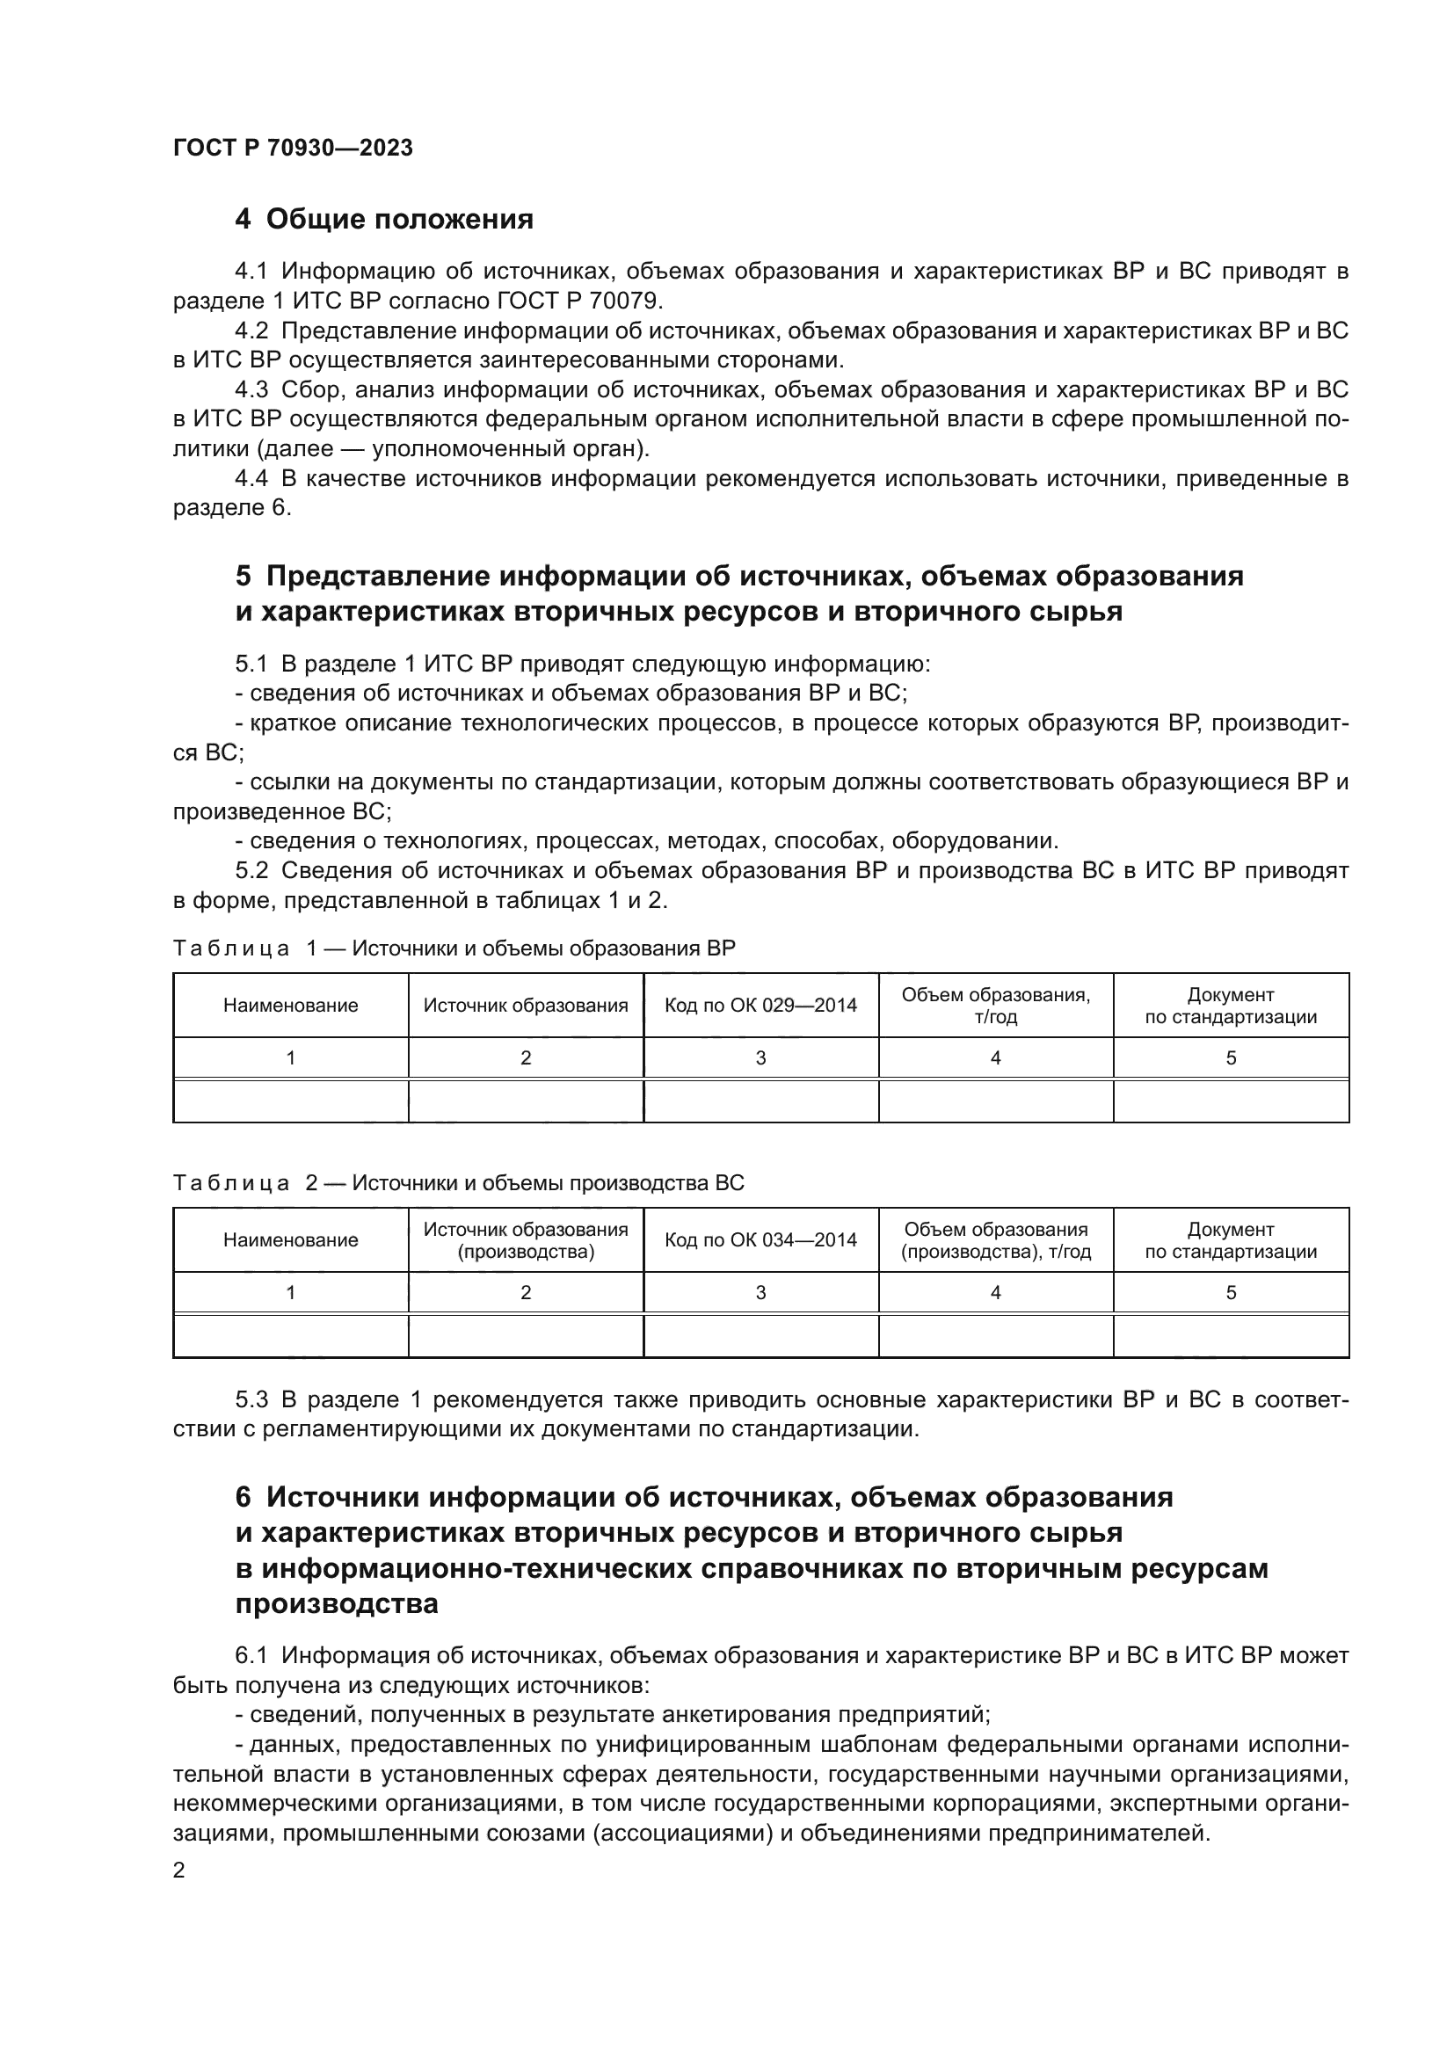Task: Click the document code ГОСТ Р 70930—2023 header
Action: pos(293,149)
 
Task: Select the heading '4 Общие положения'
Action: pos(384,220)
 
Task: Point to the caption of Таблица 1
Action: pos(454,948)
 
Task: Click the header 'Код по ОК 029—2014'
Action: pos(760,1006)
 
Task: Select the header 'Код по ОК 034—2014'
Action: pos(760,1240)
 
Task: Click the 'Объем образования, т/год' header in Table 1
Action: pos(996,1006)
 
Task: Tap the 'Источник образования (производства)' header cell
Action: pos(526,1240)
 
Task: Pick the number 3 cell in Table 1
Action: pos(760,1058)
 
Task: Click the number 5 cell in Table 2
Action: pos(1230,1293)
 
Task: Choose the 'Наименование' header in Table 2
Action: pos(290,1240)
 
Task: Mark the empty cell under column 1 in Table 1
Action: pos(290,1101)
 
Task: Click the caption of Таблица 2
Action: pos(458,1183)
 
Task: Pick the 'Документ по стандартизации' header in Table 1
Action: pos(1230,1006)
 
